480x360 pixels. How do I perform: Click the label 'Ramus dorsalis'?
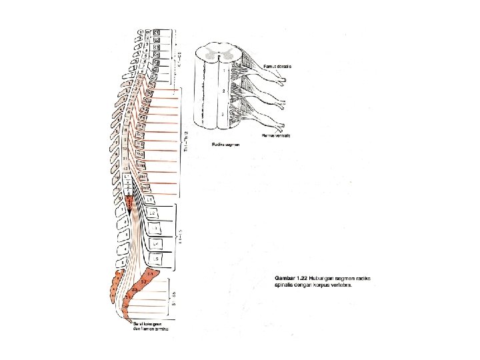pos(278,66)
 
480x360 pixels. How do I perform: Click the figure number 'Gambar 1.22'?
pos(293,277)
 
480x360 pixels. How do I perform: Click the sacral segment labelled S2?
pos(142,283)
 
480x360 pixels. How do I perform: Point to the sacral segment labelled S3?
pos(134,290)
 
